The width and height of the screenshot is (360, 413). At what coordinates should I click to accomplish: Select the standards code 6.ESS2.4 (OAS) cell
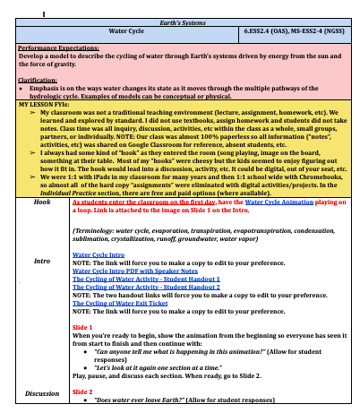click(x=291, y=32)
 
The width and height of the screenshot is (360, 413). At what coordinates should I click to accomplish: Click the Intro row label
click(x=42, y=262)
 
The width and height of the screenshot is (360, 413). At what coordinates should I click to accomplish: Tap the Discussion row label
click(x=42, y=392)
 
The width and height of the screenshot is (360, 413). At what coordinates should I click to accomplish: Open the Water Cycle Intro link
click(x=99, y=254)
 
